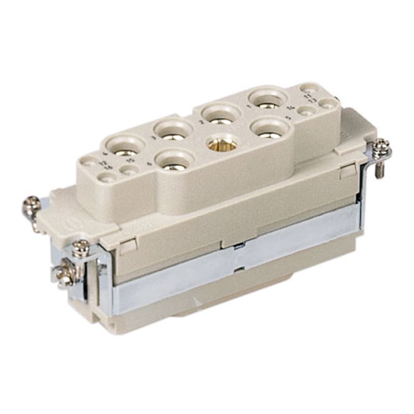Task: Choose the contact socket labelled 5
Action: pos(268,129)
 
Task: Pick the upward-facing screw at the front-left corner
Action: pos(80,247)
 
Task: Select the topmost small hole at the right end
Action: pos(309,88)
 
